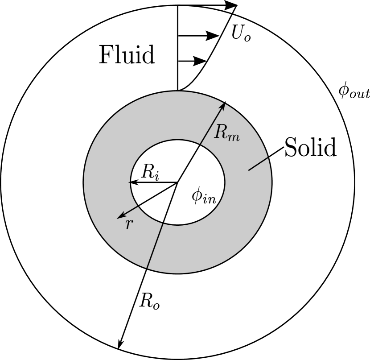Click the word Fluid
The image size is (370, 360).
127,55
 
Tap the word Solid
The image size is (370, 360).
310,147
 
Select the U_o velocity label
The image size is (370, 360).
241,33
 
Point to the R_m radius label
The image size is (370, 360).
227,132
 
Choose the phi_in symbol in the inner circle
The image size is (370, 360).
204,197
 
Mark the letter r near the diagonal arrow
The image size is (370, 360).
129,224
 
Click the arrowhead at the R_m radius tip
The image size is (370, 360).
223,105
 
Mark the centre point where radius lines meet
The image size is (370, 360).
178,182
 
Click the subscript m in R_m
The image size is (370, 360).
233,137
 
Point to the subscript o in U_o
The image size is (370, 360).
247,37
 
